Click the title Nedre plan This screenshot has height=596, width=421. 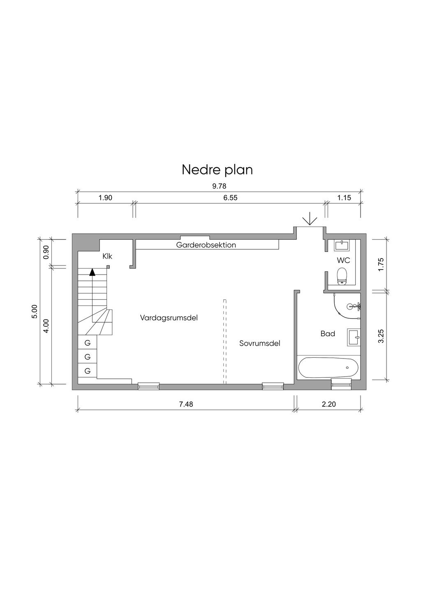217,170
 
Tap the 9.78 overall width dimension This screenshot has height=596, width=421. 219,186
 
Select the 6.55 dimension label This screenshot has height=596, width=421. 230,198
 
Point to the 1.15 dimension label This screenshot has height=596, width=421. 344,198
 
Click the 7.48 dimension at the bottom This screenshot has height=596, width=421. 186,404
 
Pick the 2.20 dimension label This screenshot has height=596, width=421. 329,404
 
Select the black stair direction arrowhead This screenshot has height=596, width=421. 92,272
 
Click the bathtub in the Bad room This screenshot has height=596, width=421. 328,368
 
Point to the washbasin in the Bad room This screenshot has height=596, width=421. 354,337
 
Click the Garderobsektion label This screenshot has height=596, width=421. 206,245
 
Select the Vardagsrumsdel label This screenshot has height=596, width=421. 169,318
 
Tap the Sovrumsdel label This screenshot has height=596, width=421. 260,343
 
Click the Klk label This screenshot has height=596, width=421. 107,256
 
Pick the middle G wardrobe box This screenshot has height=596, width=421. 88,356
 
